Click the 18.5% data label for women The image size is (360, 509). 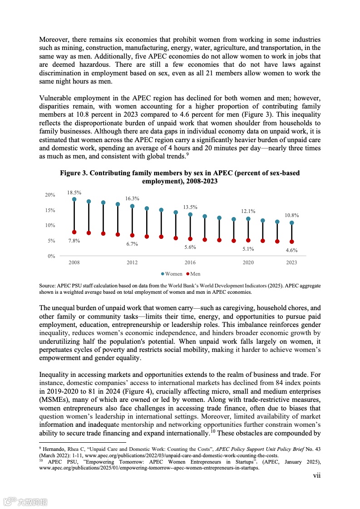click(x=74, y=193)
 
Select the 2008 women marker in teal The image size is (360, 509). click(x=74, y=199)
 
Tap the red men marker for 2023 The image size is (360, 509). click(x=291, y=242)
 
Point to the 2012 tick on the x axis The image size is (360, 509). click(x=132, y=263)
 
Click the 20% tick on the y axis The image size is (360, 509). click(x=49, y=195)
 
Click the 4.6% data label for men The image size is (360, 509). click(x=291, y=250)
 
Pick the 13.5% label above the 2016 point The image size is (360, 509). click(x=190, y=207)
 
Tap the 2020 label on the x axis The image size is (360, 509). click(x=248, y=263)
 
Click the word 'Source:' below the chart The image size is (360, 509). click(x=48, y=286)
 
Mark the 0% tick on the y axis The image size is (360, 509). click(x=51, y=256)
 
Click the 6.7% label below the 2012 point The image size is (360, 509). click(x=132, y=244)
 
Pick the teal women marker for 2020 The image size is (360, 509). click(x=248, y=219)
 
